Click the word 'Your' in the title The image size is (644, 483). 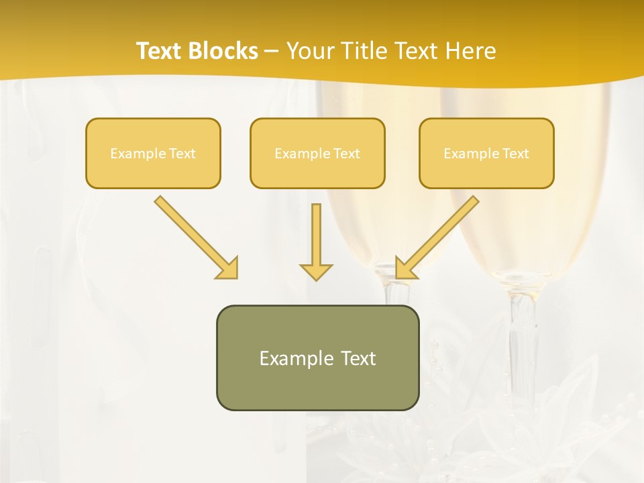(x=311, y=51)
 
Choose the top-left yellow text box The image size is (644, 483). (x=153, y=153)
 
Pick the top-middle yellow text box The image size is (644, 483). (x=317, y=153)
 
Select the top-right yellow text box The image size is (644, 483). (x=486, y=153)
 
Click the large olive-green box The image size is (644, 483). (x=317, y=358)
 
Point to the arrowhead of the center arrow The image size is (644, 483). (x=316, y=271)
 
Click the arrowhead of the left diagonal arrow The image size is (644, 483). (x=228, y=268)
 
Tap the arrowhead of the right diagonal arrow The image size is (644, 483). (x=405, y=268)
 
